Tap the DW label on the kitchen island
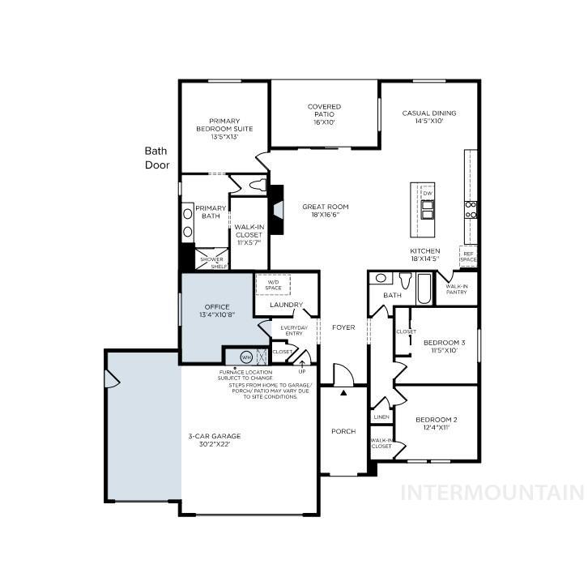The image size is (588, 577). (x=427, y=193)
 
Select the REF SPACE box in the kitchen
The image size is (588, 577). (x=468, y=256)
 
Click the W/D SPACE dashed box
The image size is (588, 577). (x=273, y=285)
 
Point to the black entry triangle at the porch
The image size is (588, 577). (x=343, y=393)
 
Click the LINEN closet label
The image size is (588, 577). (x=381, y=417)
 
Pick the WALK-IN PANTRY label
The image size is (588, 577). (x=457, y=288)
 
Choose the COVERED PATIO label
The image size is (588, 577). (x=324, y=114)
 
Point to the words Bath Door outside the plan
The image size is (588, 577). (x=156, y=158)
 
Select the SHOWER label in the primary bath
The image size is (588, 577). (x=211, y=259)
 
